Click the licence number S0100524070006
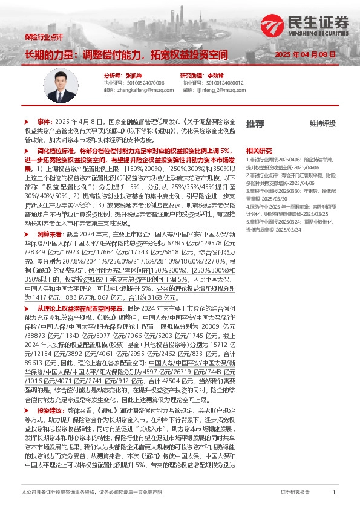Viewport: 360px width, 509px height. pos(145,82)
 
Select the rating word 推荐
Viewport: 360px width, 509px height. pos(255,123)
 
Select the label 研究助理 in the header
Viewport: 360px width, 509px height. pos(193,75)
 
